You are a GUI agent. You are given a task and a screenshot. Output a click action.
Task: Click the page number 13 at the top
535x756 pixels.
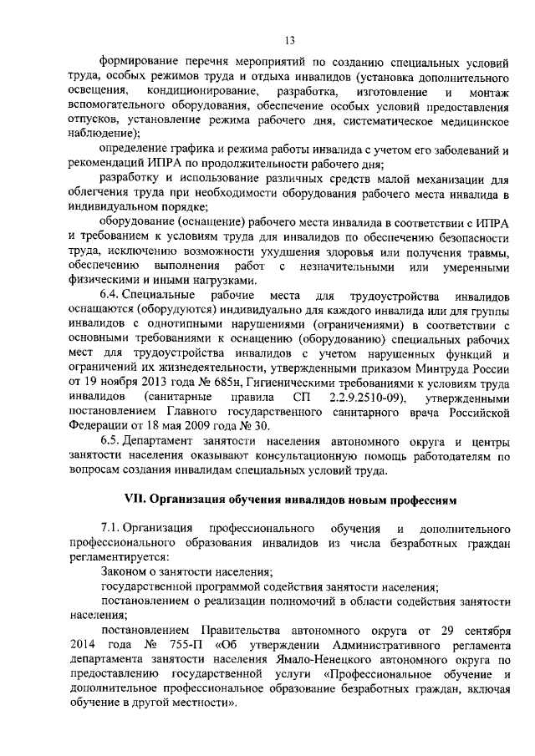coord(289,39)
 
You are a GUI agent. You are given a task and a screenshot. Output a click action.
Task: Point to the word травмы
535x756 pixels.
coord(486,252)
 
